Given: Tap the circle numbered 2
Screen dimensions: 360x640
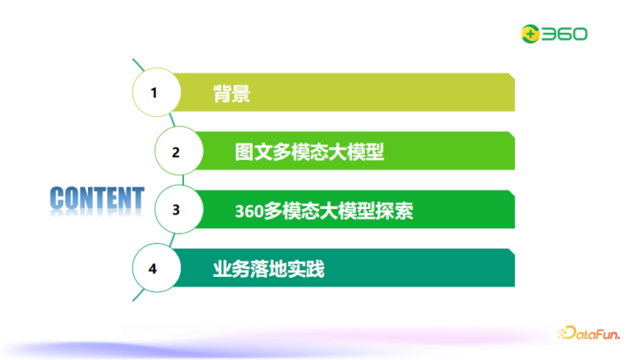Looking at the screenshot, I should click(177, 151).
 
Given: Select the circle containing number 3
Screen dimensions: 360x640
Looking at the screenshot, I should click(177, 210).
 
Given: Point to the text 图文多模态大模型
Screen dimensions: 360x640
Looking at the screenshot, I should click(309, 153).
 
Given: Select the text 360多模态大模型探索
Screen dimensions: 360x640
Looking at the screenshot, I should click(324, 211).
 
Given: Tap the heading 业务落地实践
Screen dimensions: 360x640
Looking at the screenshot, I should click(268, 269).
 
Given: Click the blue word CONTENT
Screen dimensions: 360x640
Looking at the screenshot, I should click(97, 198).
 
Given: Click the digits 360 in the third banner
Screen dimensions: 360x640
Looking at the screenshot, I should click(249, 212).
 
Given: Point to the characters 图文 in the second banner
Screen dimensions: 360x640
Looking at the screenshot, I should click(253, 153).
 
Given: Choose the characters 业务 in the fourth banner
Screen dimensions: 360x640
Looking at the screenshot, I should click(231, 269).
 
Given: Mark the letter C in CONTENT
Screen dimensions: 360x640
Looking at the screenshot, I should click(58, 198).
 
